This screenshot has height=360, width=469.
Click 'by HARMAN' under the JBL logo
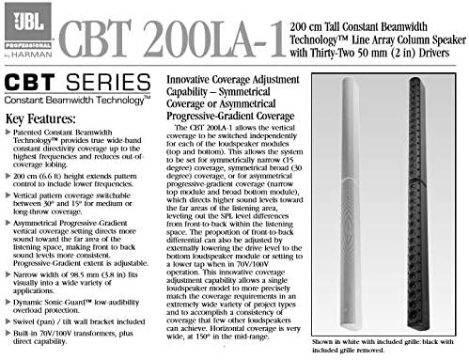click(x=28, y=54)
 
